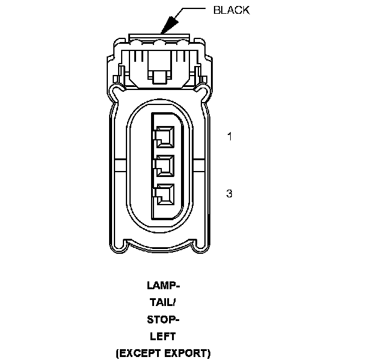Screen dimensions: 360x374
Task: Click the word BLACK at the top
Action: click(231, 10)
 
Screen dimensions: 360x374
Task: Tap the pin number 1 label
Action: click(230, 136)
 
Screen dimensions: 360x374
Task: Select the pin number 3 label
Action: click(230, 193)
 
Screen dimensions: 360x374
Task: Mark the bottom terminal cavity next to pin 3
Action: click(164, 194)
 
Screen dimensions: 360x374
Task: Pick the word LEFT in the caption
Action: click(162, 336)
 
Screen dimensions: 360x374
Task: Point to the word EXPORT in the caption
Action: click(185, 353)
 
